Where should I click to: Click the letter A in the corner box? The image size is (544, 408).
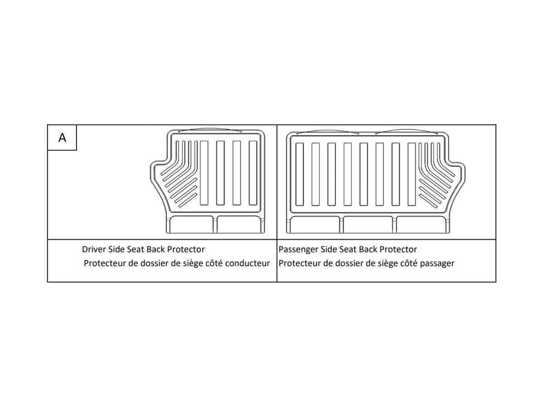pyautogui.click(x=62, y=137)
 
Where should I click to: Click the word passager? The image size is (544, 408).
pyautogui.click(x=437, y=263)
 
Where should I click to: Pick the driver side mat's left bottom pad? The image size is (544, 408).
pyautogui.click(x=191, y=224)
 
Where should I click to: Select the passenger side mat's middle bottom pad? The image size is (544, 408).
pyautogui.click(x=368, y=224)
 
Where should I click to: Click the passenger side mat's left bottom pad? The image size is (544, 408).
pyautogui.click(x=315, y=224)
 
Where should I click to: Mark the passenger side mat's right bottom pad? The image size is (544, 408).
pyautogui.click(x=422, y=224)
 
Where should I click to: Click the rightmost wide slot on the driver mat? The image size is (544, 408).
pyautogui.click(x=253, y=173)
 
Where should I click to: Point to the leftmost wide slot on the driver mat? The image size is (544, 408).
pyautogui.click(x=204, y=173)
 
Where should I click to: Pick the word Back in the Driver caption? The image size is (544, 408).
pyautogui.click(x=155, y=249)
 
